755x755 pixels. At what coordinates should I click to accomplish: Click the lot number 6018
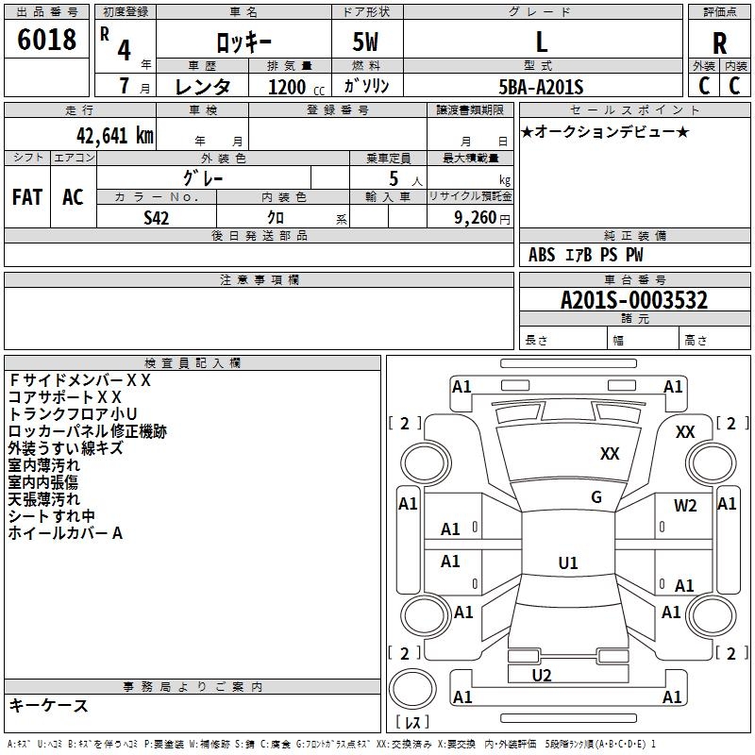click(47, 42)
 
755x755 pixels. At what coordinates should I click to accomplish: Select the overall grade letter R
click(719, 43)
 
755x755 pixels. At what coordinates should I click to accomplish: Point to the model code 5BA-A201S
click(541, 87)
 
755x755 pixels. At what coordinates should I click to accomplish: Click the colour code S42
click(157, 217)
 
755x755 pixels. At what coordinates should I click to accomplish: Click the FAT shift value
click(27, 197)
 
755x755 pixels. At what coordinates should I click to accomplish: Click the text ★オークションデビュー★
click(605, 131)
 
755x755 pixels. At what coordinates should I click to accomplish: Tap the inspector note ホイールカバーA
click(66, 533)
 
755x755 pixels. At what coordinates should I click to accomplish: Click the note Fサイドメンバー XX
click(79, 380)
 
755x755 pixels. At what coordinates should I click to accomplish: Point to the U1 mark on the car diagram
click(567, 563)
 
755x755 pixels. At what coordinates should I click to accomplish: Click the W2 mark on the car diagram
click(685, 505)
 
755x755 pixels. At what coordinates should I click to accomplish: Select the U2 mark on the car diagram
click(542, 675)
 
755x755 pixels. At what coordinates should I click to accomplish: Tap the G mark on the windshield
click(596, 497)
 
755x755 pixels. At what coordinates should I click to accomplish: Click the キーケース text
click(48, 705)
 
